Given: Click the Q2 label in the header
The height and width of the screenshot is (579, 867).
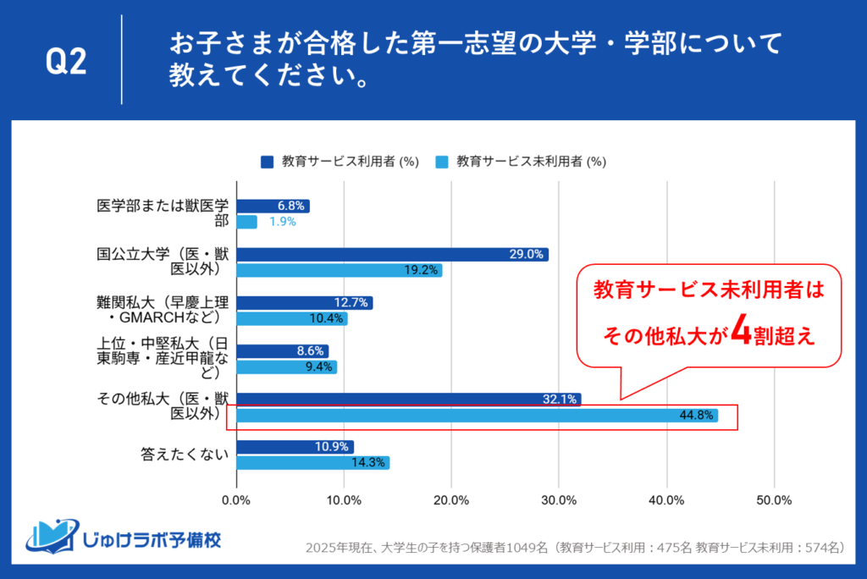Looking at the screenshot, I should pyautogui.click(x=66, y=63).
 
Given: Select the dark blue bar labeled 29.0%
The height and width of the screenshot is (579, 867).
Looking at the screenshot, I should pyautogui.click(x=392, y=254).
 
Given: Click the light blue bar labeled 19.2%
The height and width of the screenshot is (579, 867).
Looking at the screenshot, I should pyautogui.click(x=339, y=270).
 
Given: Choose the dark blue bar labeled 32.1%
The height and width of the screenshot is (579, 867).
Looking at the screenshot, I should pyautogui.click(x=408, y=399).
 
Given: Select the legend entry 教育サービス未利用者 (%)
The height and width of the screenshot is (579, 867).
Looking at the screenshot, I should pyautogui.click(x=521, y=160).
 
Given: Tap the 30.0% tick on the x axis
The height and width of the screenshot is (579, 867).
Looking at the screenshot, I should pyautogui.click(x=559, y=499).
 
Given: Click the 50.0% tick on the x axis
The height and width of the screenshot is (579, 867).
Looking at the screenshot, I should pyautogui.click(x=774, y=499).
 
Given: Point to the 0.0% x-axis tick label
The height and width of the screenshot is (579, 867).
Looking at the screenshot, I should pyautogui.click(x=236, y=499).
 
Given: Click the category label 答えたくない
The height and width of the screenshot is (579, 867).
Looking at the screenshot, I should pyautogui.click(x=185, y=455).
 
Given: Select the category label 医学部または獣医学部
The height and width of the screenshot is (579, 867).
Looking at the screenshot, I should pyautogui.click(x=163, y=213).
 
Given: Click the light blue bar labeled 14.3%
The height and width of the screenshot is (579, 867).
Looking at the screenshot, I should pyautogui.click(x=312, y=463).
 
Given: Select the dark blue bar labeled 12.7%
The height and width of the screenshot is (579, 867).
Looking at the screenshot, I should pyautogui.click(x=304, y=302).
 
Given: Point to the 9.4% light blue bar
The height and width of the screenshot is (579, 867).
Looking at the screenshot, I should pyautogui.click(x=286, y=367).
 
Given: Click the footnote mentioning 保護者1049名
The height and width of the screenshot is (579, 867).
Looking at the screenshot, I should pyautogui.click(x=576, y=548).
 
